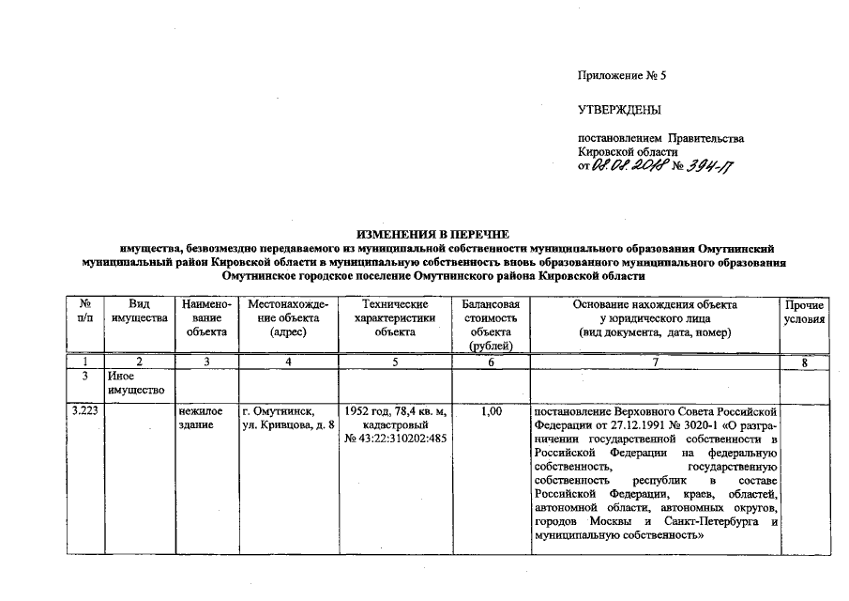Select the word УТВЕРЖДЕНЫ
tap(620, 111)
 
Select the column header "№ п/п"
tap(84, 312)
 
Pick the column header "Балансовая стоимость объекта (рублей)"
tap(490, 325)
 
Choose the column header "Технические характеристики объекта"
tap(394, 318)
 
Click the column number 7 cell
tap(655, 361)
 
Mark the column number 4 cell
tap(288, 361)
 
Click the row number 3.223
tap(85, 411)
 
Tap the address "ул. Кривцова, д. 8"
tap(288, 425)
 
